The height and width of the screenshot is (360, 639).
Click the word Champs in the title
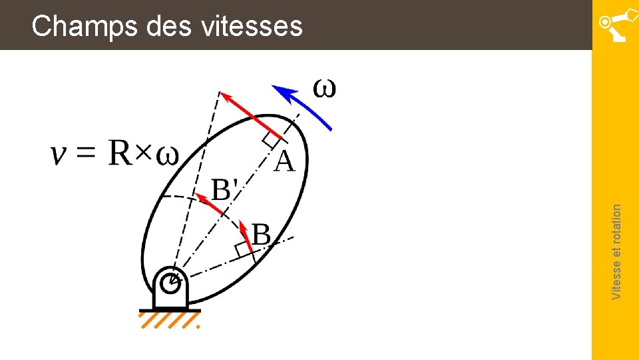(x=73, y=27)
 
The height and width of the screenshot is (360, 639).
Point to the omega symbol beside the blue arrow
(x=324, y=89)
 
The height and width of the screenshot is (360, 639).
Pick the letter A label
(x=284, y=161)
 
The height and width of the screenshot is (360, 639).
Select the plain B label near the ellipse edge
(x=262, y=235)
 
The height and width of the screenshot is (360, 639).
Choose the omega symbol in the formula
(x=167, y=157)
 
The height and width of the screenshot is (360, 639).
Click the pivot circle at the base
(x=170, y=283)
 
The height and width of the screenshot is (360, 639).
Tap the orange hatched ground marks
(x=170, y=321)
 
